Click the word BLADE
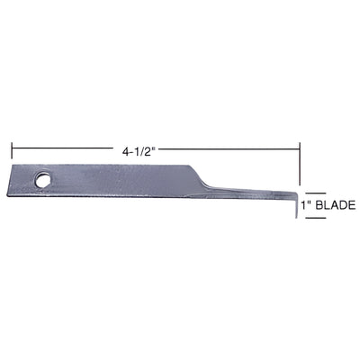click(x=337, y=205)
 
